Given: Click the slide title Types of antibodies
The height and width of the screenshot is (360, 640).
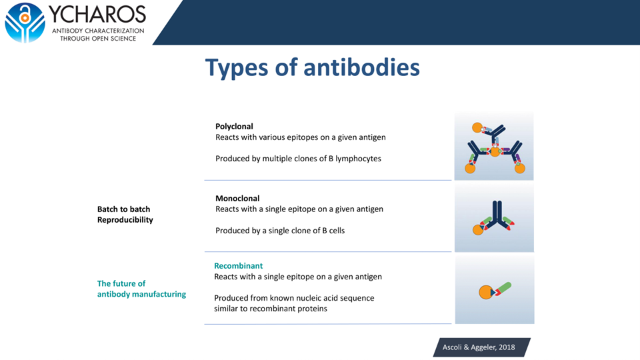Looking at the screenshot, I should [x=312, y=67].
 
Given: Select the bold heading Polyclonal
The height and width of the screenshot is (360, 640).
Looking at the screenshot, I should [x=234, y=126].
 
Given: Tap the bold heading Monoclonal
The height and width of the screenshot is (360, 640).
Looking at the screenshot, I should [x=237, y=198].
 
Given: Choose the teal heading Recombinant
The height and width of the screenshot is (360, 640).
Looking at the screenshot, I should [x=238, y=265].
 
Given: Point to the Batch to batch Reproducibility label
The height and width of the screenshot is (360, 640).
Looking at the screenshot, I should [x=125, y=215].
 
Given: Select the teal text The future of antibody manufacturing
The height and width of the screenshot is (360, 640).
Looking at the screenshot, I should [x=141, y=289].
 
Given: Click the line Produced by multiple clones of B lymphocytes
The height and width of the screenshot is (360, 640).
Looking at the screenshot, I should [x=298, y=159].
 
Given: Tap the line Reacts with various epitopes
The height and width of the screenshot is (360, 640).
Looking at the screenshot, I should [x=300, y=137].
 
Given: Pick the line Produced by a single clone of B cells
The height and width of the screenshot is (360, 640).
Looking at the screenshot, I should [x=280, y=231].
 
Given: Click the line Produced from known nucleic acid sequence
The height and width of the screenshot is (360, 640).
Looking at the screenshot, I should [x=294, y=298].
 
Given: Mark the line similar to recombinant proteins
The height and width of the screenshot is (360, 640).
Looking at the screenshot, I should [x=270, y=309].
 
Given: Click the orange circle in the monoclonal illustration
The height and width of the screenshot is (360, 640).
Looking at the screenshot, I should [x=478, y=230].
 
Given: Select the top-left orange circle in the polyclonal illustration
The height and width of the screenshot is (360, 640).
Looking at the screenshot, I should [x=477, y=127].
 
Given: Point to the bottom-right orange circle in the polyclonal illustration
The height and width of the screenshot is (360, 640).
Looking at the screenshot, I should [x=520, y=168].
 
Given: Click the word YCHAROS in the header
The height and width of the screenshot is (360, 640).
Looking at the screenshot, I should [x=97, y=14].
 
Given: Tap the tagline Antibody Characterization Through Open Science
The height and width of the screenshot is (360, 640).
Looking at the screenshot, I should [x=98, y=35].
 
